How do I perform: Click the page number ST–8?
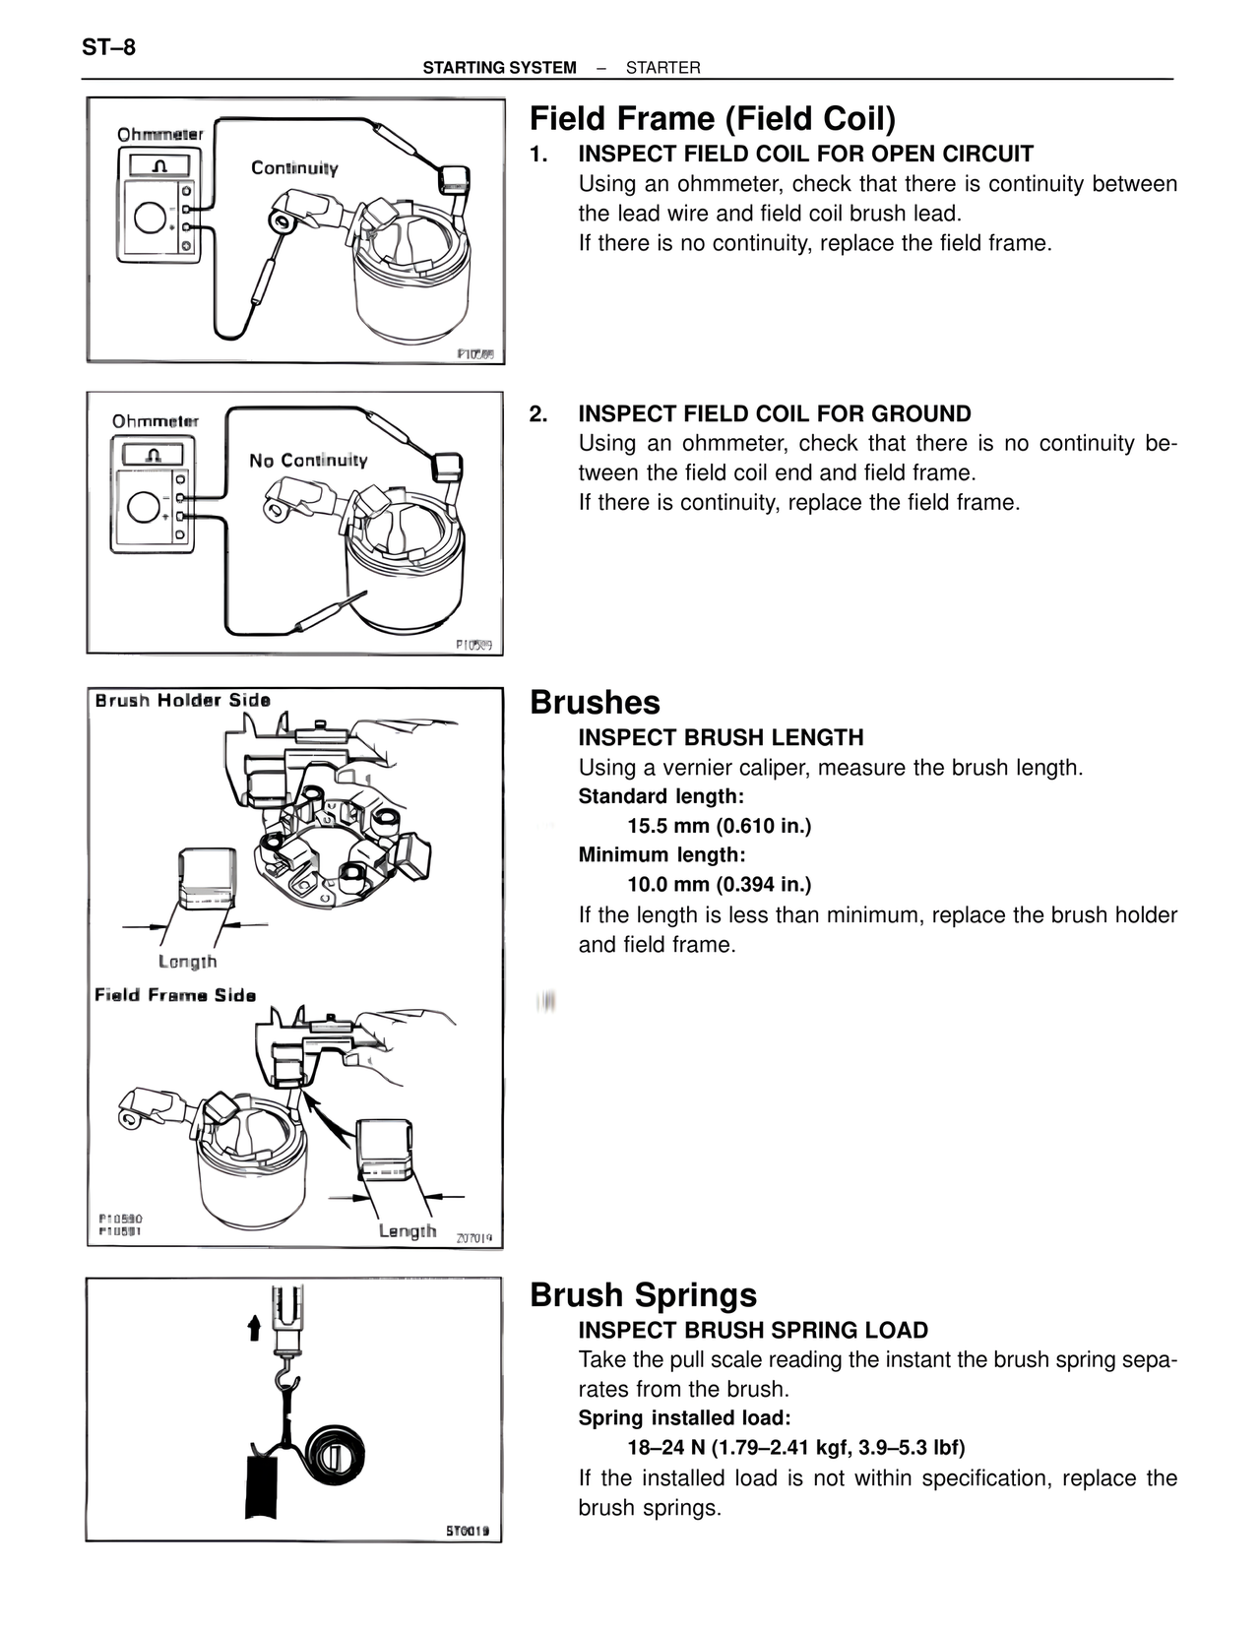tap(109, 47)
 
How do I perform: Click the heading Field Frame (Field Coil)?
tap(713, 119)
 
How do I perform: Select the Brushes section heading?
tap(595, 703)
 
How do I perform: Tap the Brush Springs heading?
tap(643, 1295)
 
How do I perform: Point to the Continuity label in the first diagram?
tap(294, 168)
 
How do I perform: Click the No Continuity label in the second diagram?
tap(308, 461)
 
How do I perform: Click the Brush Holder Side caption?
tap(182, 701)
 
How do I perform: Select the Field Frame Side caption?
tap(175, 995)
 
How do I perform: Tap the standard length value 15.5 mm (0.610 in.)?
tap(719, 826)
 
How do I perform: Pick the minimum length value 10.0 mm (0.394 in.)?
tap(719, 884)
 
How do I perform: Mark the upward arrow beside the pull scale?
tap(254, 1328)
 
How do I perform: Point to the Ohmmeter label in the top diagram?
tap(159, 134)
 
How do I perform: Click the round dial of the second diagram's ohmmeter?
tap(145, 508)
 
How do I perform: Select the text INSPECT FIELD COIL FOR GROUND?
tap(774, 414)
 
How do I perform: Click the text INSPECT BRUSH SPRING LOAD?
tap(752, 1331)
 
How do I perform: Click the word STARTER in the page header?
tap(662, 68)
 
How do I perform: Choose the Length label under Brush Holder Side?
tap(187, 962)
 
